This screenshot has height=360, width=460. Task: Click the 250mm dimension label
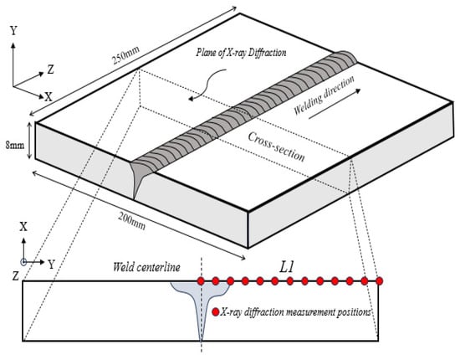coord(125,56)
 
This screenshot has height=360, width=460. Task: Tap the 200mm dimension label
coord(132,220)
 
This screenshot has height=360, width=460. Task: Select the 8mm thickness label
coord(15,145)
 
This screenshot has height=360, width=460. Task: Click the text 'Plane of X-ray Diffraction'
coord(241,53)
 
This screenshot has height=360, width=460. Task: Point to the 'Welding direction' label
coord(324,95)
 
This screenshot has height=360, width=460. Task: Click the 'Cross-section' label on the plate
coord(276,147)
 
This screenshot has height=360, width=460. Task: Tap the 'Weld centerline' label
coord(146,267)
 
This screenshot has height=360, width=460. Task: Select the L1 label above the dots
coord(286,267)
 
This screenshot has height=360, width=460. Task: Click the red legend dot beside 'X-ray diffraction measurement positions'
coord(216,312)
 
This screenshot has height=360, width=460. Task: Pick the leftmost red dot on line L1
coord(201,281)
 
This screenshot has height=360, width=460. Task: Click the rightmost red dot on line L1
coord(380,281)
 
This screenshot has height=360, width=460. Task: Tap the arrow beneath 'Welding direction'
coord(335,105)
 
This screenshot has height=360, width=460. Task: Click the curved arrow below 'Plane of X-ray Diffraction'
coord(208,85)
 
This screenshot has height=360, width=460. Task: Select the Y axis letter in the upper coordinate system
coord(13,30)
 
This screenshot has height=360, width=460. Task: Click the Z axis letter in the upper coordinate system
coord(50,69)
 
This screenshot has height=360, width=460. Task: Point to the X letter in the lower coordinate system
coord(23,227)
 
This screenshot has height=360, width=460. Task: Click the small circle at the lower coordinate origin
coord(23,262)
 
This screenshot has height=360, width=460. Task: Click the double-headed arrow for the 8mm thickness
coord(29,141)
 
